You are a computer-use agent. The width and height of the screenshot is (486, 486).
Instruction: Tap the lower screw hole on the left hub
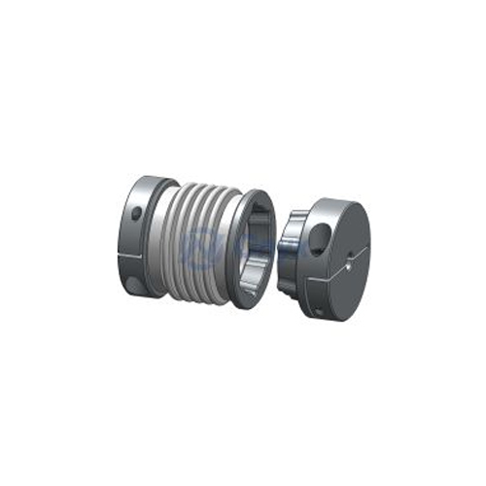pos(133,283)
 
